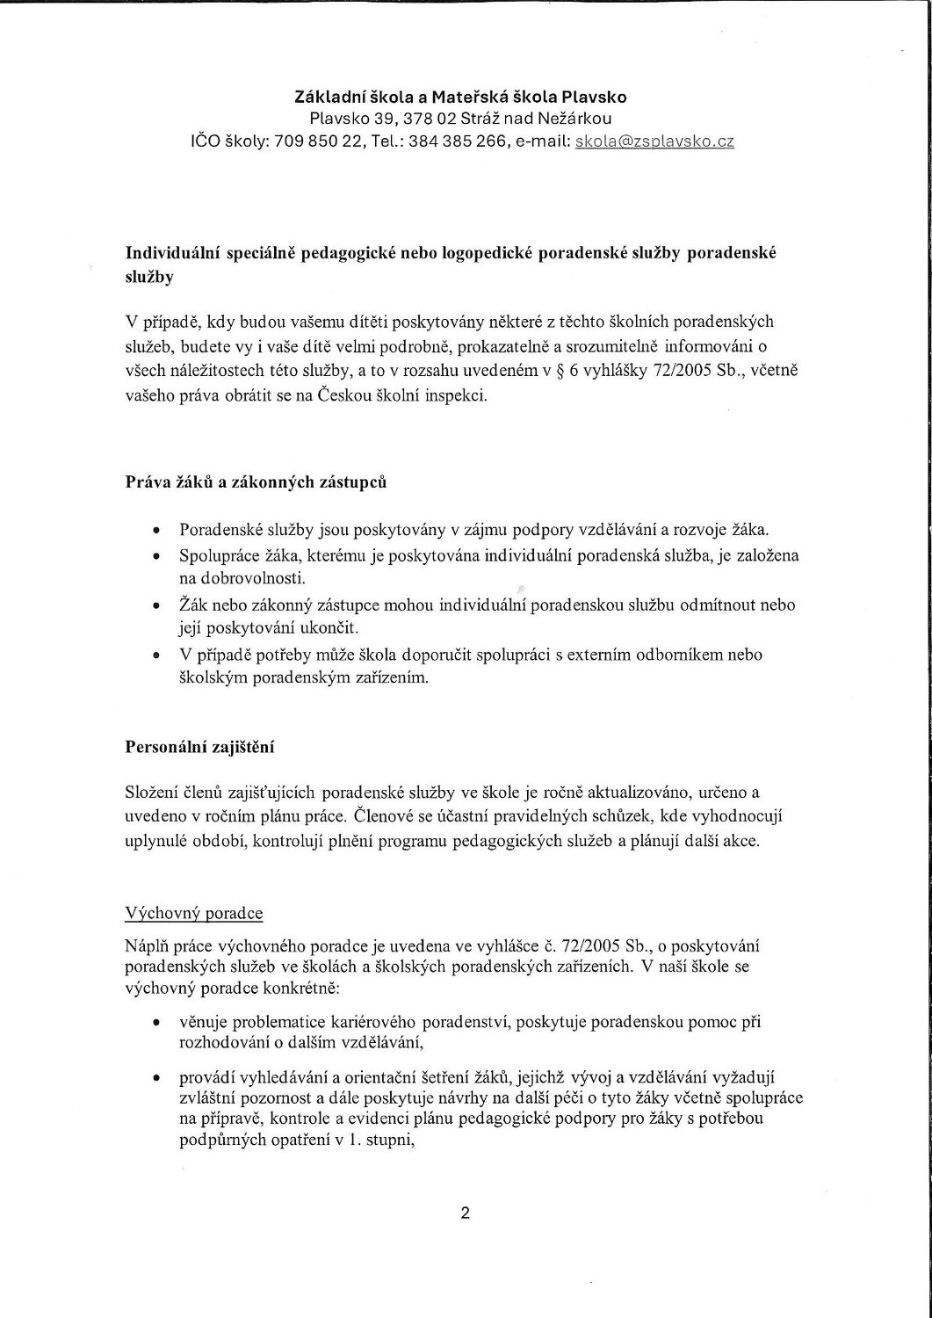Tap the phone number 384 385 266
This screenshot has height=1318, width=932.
point(472,141)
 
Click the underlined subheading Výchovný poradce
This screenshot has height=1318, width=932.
point(195,913)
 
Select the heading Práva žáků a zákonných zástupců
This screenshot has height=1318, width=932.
point(256,484)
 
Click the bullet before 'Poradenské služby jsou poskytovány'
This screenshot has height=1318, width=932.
point(155,532)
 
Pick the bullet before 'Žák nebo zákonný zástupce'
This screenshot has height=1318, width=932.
point(155,607)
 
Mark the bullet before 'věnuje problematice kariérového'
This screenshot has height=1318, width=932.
point(155,1025)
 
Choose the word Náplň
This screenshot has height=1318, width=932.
point(149,945)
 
